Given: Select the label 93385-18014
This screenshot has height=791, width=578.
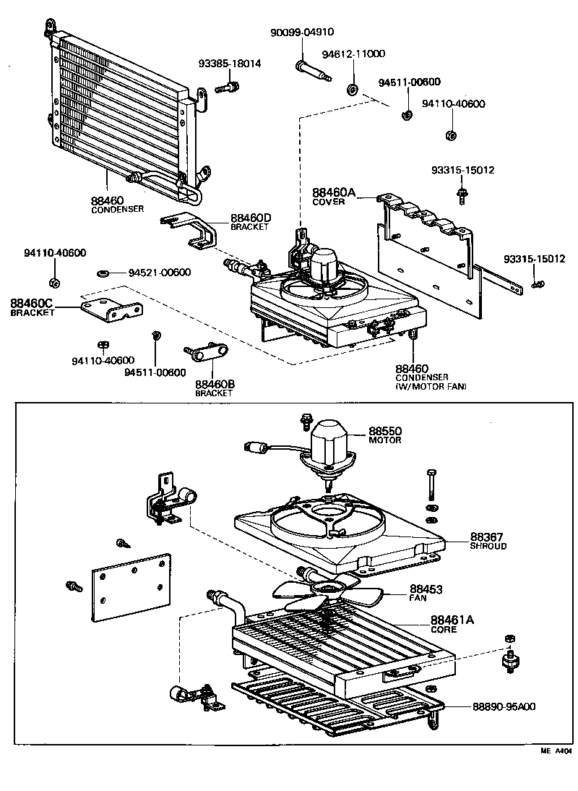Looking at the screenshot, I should click(229, 64).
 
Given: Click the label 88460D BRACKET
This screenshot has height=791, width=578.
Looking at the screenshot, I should click(250, 221).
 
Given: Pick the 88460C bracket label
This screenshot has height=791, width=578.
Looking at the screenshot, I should click(33, 307).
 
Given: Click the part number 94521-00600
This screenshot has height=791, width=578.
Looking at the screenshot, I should click(160, 273).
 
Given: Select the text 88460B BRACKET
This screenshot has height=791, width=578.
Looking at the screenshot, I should click(215, 388).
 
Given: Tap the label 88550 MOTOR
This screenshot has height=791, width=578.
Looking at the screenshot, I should click(385, 435).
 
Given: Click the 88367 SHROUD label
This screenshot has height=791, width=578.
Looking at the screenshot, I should click(488, 541).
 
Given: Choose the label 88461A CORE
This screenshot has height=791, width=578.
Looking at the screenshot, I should click(452, 623).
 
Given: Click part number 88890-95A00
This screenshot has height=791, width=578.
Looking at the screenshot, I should click(504, 706).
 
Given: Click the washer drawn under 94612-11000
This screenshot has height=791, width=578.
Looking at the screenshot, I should click(353, 90).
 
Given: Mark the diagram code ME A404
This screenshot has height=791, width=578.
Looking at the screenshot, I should click(556, 751).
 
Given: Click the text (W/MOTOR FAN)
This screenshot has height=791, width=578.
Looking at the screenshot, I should click(431, 387).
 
